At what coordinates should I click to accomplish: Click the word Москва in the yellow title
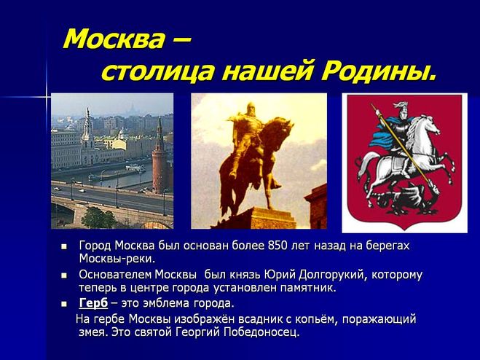click(x=114, y=39)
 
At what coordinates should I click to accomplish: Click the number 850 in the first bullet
click(x=278, y=246)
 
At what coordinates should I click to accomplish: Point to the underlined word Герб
click(x=93, y=303)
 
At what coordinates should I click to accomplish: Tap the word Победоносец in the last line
click(x=261, y=332)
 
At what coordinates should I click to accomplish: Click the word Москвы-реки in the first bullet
click(x=117, y=259)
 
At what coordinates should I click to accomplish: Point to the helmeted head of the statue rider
click(x=251, y=109)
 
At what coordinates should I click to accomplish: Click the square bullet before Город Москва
click(x=64, y=246)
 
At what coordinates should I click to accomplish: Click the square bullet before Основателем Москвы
click(x=64, y=275)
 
